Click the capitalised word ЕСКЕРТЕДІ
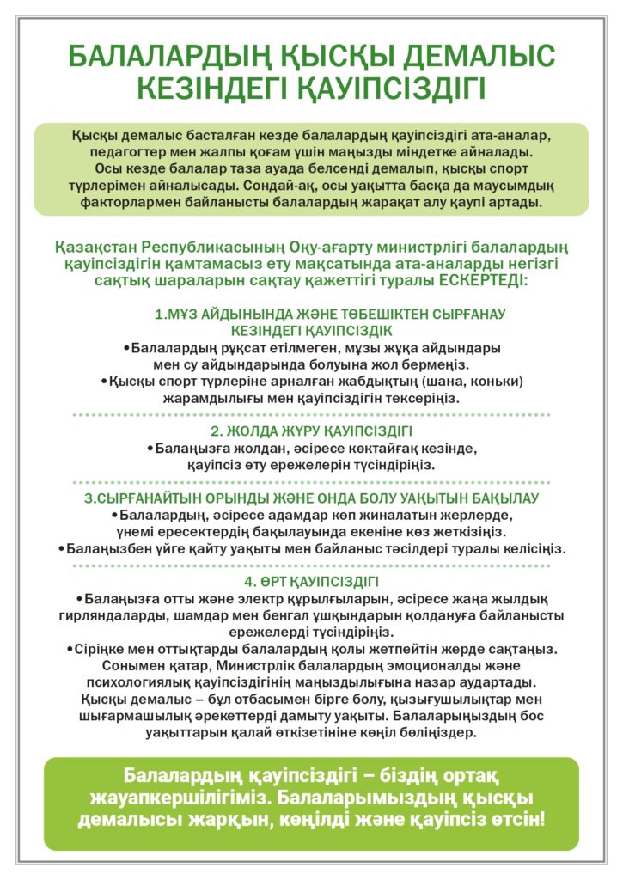(x=481, y=280)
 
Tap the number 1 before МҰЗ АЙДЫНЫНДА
(x=157, y=315)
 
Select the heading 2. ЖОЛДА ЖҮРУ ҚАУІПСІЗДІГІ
(x=311, y=431)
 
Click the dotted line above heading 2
(x=311, y=415)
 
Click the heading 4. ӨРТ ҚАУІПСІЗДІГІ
(x=311, y=582)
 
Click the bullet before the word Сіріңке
(x=70, y=649)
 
